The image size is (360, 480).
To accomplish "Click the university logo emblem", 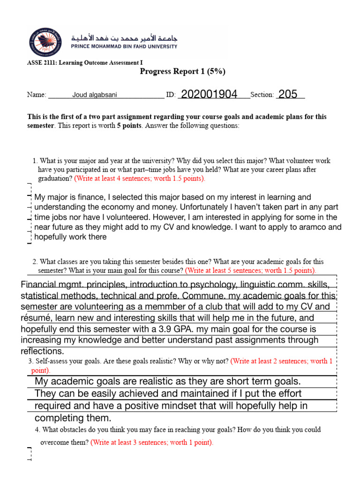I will tap(45, 41).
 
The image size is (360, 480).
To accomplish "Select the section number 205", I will tap(288, 94).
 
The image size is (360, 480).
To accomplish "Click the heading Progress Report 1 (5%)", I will tap(183, 71).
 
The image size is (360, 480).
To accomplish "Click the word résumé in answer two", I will tap(37, 318).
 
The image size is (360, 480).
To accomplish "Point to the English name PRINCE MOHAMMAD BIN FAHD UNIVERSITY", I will tap(124, 46).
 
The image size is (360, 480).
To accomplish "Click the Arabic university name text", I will tap(124, 37).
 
